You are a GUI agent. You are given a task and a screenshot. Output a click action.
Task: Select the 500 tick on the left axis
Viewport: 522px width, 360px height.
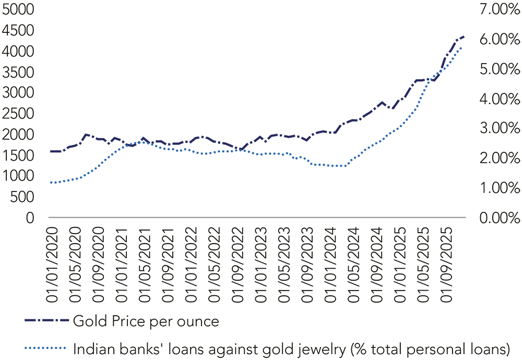pos(25,197)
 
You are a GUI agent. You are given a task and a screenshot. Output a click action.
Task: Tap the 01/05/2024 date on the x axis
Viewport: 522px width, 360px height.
pos(354,263)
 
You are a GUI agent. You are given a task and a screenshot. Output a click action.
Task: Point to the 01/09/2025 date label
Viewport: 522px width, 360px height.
pos(447,263)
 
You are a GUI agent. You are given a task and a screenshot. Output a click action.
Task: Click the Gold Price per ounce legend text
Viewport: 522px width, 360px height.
pos(146,321)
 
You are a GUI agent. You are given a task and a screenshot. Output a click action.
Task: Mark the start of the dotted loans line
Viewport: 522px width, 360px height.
pos(51,183)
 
